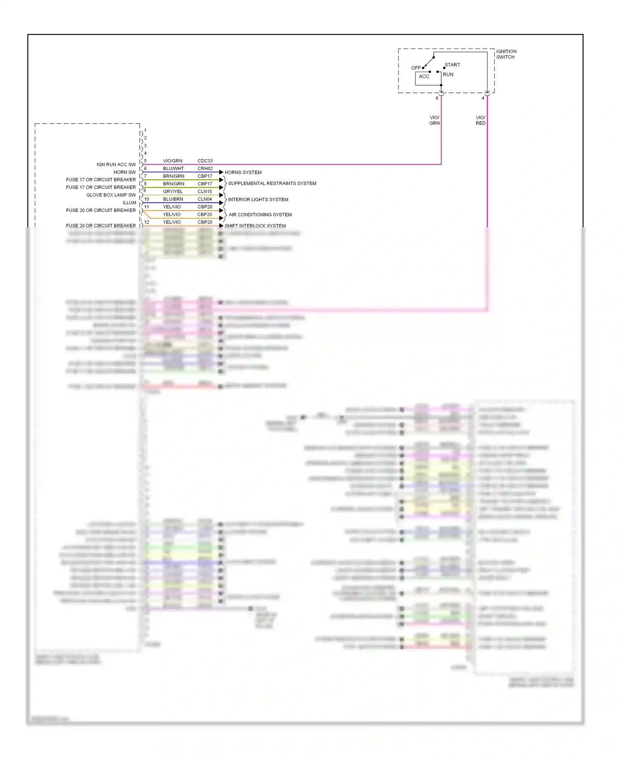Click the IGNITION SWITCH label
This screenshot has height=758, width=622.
pos(506,54)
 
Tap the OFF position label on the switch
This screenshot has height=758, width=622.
pos(415,68)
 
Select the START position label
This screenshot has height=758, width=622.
pos(452,65)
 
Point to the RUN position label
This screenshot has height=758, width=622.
pos(448,75)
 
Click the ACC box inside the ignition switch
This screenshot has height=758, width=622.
pos(424,77)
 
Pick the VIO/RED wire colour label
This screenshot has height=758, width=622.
pos(480,120)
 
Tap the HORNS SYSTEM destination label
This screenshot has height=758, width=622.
pos(243,172)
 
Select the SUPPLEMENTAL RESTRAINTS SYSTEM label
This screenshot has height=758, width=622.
pos(272,183)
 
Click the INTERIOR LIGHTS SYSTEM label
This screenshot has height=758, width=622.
pos(258,199)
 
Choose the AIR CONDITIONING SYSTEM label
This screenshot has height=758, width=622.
pos(260,215)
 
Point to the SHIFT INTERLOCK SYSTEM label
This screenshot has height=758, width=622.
pos(255,226)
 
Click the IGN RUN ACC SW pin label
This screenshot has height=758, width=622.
pos(116,165)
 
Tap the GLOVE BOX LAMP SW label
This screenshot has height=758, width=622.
pos(111,195)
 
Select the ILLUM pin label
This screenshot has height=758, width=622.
pos(129,203)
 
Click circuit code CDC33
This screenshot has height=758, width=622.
pos(205,161)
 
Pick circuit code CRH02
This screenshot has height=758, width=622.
pos(205,169)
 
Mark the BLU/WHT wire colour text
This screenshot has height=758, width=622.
pos(173,169)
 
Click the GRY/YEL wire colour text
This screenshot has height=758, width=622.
pos(173,192)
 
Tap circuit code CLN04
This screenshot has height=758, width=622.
pos(205,199)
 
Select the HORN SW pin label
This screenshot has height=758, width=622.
pos(124,172)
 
